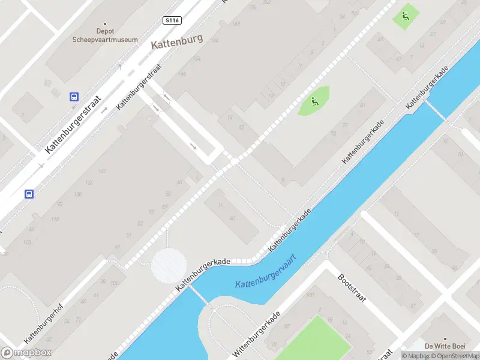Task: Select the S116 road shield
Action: [172, 20]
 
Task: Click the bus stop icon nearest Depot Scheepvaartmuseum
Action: [74, 97]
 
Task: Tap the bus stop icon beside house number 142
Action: [29, 193]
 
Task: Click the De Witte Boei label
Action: [445, 346]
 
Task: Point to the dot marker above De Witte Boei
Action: [445, 338]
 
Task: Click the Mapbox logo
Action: [26, 353]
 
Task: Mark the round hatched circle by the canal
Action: [169, 265]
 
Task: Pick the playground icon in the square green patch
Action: [406, 17]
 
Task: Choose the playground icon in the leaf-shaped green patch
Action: [314, 101]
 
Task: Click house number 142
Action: [101, 172]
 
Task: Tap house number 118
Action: [55, 219]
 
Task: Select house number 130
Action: [77, 194]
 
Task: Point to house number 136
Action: [89, 182]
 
